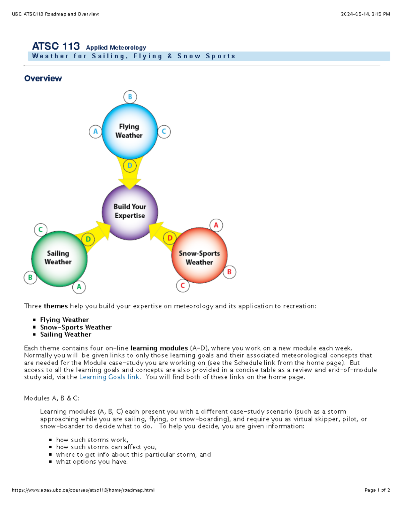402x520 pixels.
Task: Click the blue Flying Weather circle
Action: pyautogui.click(x=129, y=131)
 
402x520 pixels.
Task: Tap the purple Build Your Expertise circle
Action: pyautogui.click(x=130, y=212)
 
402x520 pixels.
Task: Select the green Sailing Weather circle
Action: pyautogui.click(x=59, y=258)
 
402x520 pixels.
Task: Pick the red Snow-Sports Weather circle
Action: pyautogui.click(x=199, y=255)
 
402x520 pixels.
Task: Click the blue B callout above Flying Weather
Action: pyautogui.click(x=130, y=97)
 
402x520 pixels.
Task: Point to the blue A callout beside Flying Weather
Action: pyautogui.click(x=95, y=132)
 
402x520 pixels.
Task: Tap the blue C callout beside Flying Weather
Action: pyautogui.click(x=164, y=132)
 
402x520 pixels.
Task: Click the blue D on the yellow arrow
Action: pyautogui.click(x=130, y=165)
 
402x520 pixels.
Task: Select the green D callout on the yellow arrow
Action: pyautogui.click(x=88, y=239)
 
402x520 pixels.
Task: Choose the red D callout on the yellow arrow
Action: pyautogui.click(x=170, y=238)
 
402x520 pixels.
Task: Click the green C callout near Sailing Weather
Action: pyautogui.click(x=41, y=230)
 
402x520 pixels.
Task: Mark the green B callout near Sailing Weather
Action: pyautogui.click(x=30, y=278)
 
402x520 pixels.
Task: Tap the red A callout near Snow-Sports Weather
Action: pyautogui.click(x=216, y=225)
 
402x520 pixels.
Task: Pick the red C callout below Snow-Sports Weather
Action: pyautogui.click(x=183, y=286)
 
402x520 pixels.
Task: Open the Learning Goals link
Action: pyautogui.click(x=109, y=377)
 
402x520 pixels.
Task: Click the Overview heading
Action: pyautogui.click(x=43, y=78)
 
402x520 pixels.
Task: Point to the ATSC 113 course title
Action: pyautogui.click(x=56, y=46)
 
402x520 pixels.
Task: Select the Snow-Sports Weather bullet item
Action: pyautogui.click(x=76, y=327)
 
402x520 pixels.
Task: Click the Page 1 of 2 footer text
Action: pyautogui.click(x=377, y=490)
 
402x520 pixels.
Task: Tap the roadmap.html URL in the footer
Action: pyautogui.click(x=83, y=490)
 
